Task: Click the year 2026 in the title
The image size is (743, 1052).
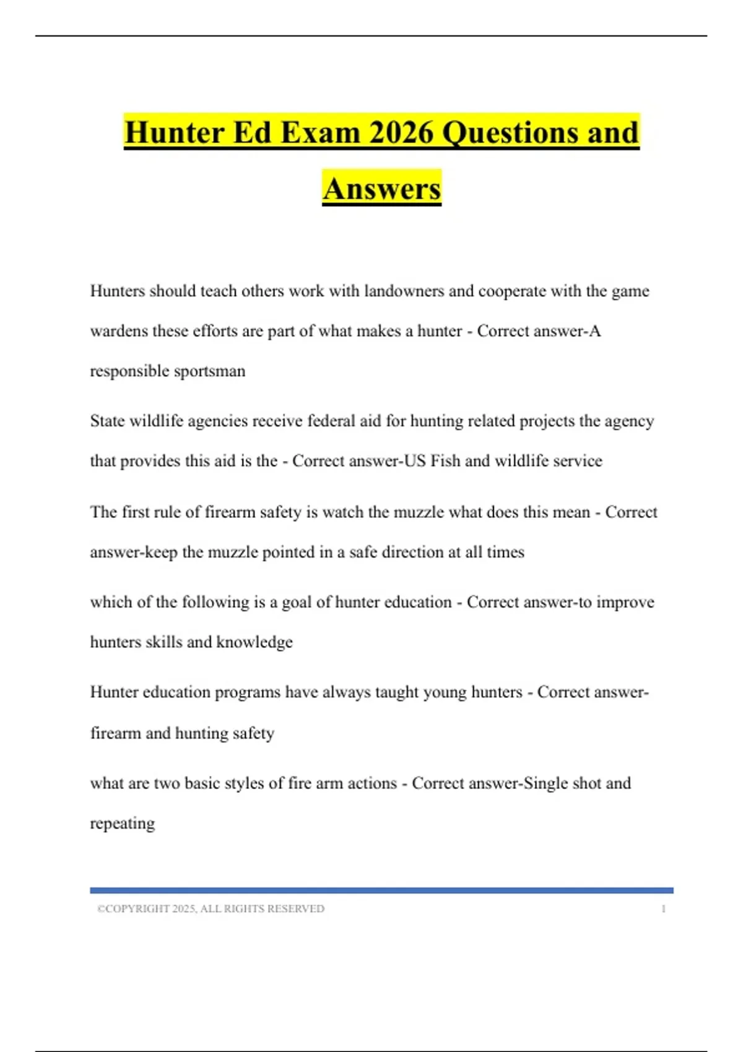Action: [x=401, y=132]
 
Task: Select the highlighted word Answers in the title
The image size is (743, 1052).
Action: [x=381, y=189]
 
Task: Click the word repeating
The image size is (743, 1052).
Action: [x=123, y=824]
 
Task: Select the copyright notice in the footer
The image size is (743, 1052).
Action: [x=211, y=908]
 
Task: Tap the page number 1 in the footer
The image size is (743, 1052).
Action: [x=663, y=908]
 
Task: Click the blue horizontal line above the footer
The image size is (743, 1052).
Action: [x=381, y=890]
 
